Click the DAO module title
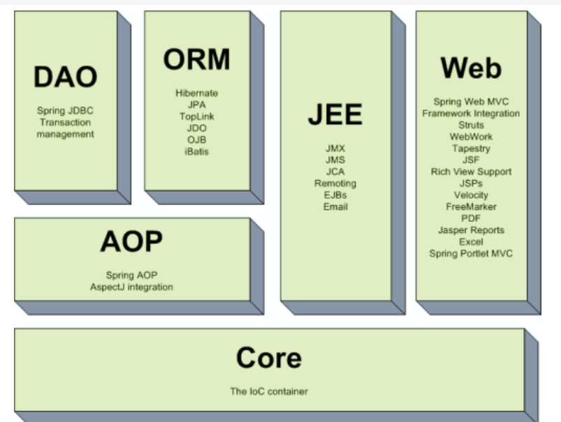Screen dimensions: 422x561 (x=65, y=77)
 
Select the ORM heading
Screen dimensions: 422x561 (x=196, y=60)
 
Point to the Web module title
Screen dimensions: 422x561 (x=471, y=68)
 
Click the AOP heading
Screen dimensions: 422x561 (x=131, y=242)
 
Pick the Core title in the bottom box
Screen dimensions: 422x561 (x=269, y=358)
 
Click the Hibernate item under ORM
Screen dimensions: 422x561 (x=196, y=93)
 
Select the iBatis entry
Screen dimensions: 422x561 (x=196, y=151)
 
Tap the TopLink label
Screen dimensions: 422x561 (x=196, y=116)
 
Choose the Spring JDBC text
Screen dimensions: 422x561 (x=65, y=110)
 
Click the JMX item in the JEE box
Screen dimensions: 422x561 (x=335, y=149)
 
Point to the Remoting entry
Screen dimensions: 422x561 (x=335, y=183)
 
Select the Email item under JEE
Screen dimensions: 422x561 (x=335, y=206)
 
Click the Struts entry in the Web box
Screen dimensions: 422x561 (x=471, y=125)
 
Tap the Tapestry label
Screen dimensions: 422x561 (x=471, y=149)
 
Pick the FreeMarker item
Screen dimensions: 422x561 (x=471, y=206)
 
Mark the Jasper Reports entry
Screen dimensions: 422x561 (x=471, y=230)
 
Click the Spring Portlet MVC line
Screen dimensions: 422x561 (x=471, y=253)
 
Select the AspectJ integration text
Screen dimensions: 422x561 (x=131, y=287)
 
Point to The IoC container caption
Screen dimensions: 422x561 (x=269, y=391)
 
